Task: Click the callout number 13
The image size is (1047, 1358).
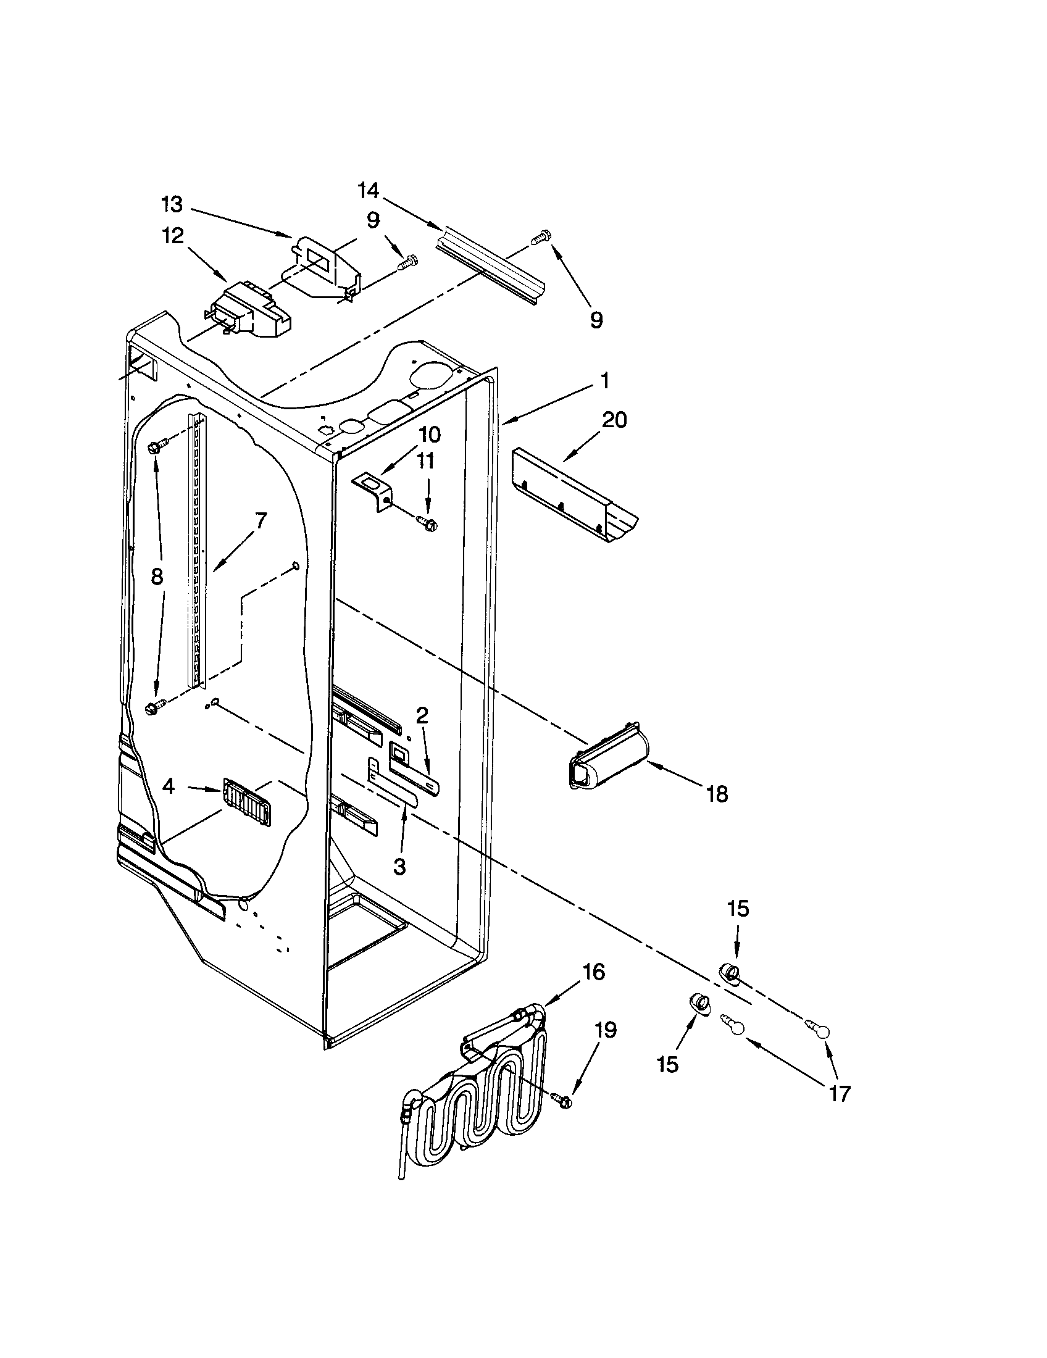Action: pos(172,204)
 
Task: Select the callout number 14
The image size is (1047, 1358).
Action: pos(369,190)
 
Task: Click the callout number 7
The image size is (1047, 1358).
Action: pos(260,520)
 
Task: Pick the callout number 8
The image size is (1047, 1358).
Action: pos(157,577)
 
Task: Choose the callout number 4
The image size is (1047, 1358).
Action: pos(168,786)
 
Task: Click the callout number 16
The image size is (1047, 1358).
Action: pos(594,971)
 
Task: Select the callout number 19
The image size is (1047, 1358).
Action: pos(605,1030)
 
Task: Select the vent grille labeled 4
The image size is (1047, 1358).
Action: pos(247,802)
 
